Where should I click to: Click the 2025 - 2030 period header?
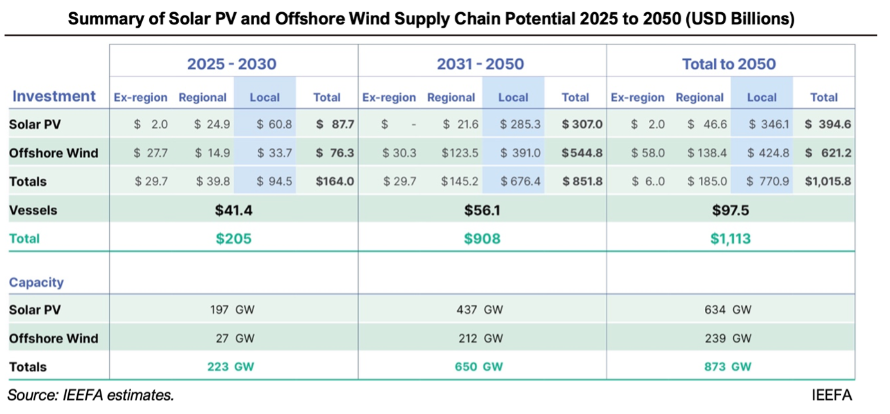tap(232, 64)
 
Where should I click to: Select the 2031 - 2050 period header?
tap(480, 64)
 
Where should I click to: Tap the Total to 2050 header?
tap(729, 64)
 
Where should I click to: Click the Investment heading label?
tap(54, 96)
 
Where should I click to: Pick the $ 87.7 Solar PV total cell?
tap(335, 125)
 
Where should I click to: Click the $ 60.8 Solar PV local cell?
tap(274, 125)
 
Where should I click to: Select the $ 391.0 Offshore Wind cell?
tap(522, 153)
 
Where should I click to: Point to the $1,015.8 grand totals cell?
tap(828, 181)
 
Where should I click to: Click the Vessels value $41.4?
tap(232, 210)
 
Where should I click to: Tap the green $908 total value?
tap(482, 239)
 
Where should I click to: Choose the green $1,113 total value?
tap(730, 239)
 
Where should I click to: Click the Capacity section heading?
tap(36, 282)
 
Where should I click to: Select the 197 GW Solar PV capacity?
tap(232, 310)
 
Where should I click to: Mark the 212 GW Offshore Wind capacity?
tap(480, 338)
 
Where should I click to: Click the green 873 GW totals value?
tap(729, 366)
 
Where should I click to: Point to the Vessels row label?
tap(33, 210)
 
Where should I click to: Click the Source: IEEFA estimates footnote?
tap(91, 394)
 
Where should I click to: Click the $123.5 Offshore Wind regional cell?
tap(460, 153)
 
